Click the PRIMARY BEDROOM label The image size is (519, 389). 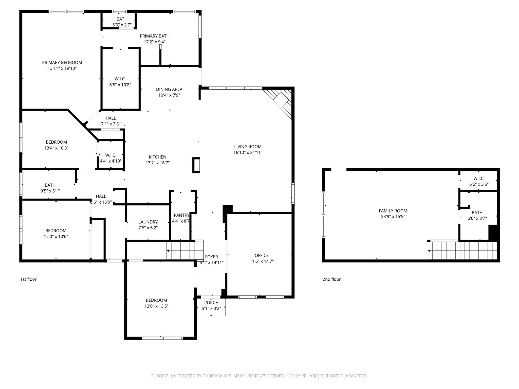pyautogui.click(x=62, y=63)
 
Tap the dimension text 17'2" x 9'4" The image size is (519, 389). pyautogui.click(x=155, y=42)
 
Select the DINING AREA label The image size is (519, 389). pyautogui.click(x=169, y=89)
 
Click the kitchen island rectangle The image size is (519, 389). pyautogui.click(x=196, y=165)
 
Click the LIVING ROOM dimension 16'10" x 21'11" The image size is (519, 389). pyautogui.click(x=248, y=152)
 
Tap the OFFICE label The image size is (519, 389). pyautogui.click(x=262, y=255)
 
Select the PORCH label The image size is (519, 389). pyautogui.click(x=211, y=303)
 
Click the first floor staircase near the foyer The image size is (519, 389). pyautogui.click(x=184, y=250)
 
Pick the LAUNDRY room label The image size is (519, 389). pyautogui.click(x=148, y=222)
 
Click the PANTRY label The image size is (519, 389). pyautogui.click(x=181, y=215)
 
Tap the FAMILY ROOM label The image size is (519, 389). pyautogui.click(x=393, y=211)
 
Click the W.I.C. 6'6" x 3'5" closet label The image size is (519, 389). pyautogui.click(x=479, y=179)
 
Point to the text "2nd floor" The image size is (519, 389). pyautogui.click(x=331, y=279)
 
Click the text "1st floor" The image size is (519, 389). pyautogui.click(x=28, y=279)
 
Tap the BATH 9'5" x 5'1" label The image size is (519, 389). pyautogui.click(x=50, y=185)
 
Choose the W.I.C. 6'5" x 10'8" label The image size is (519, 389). pyautogui.click(x=120, y=79)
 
